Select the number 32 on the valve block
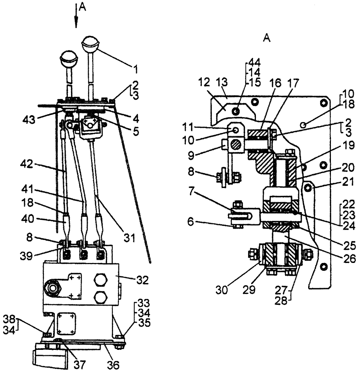tap(141, 279)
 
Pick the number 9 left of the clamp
tap(212, 152)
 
